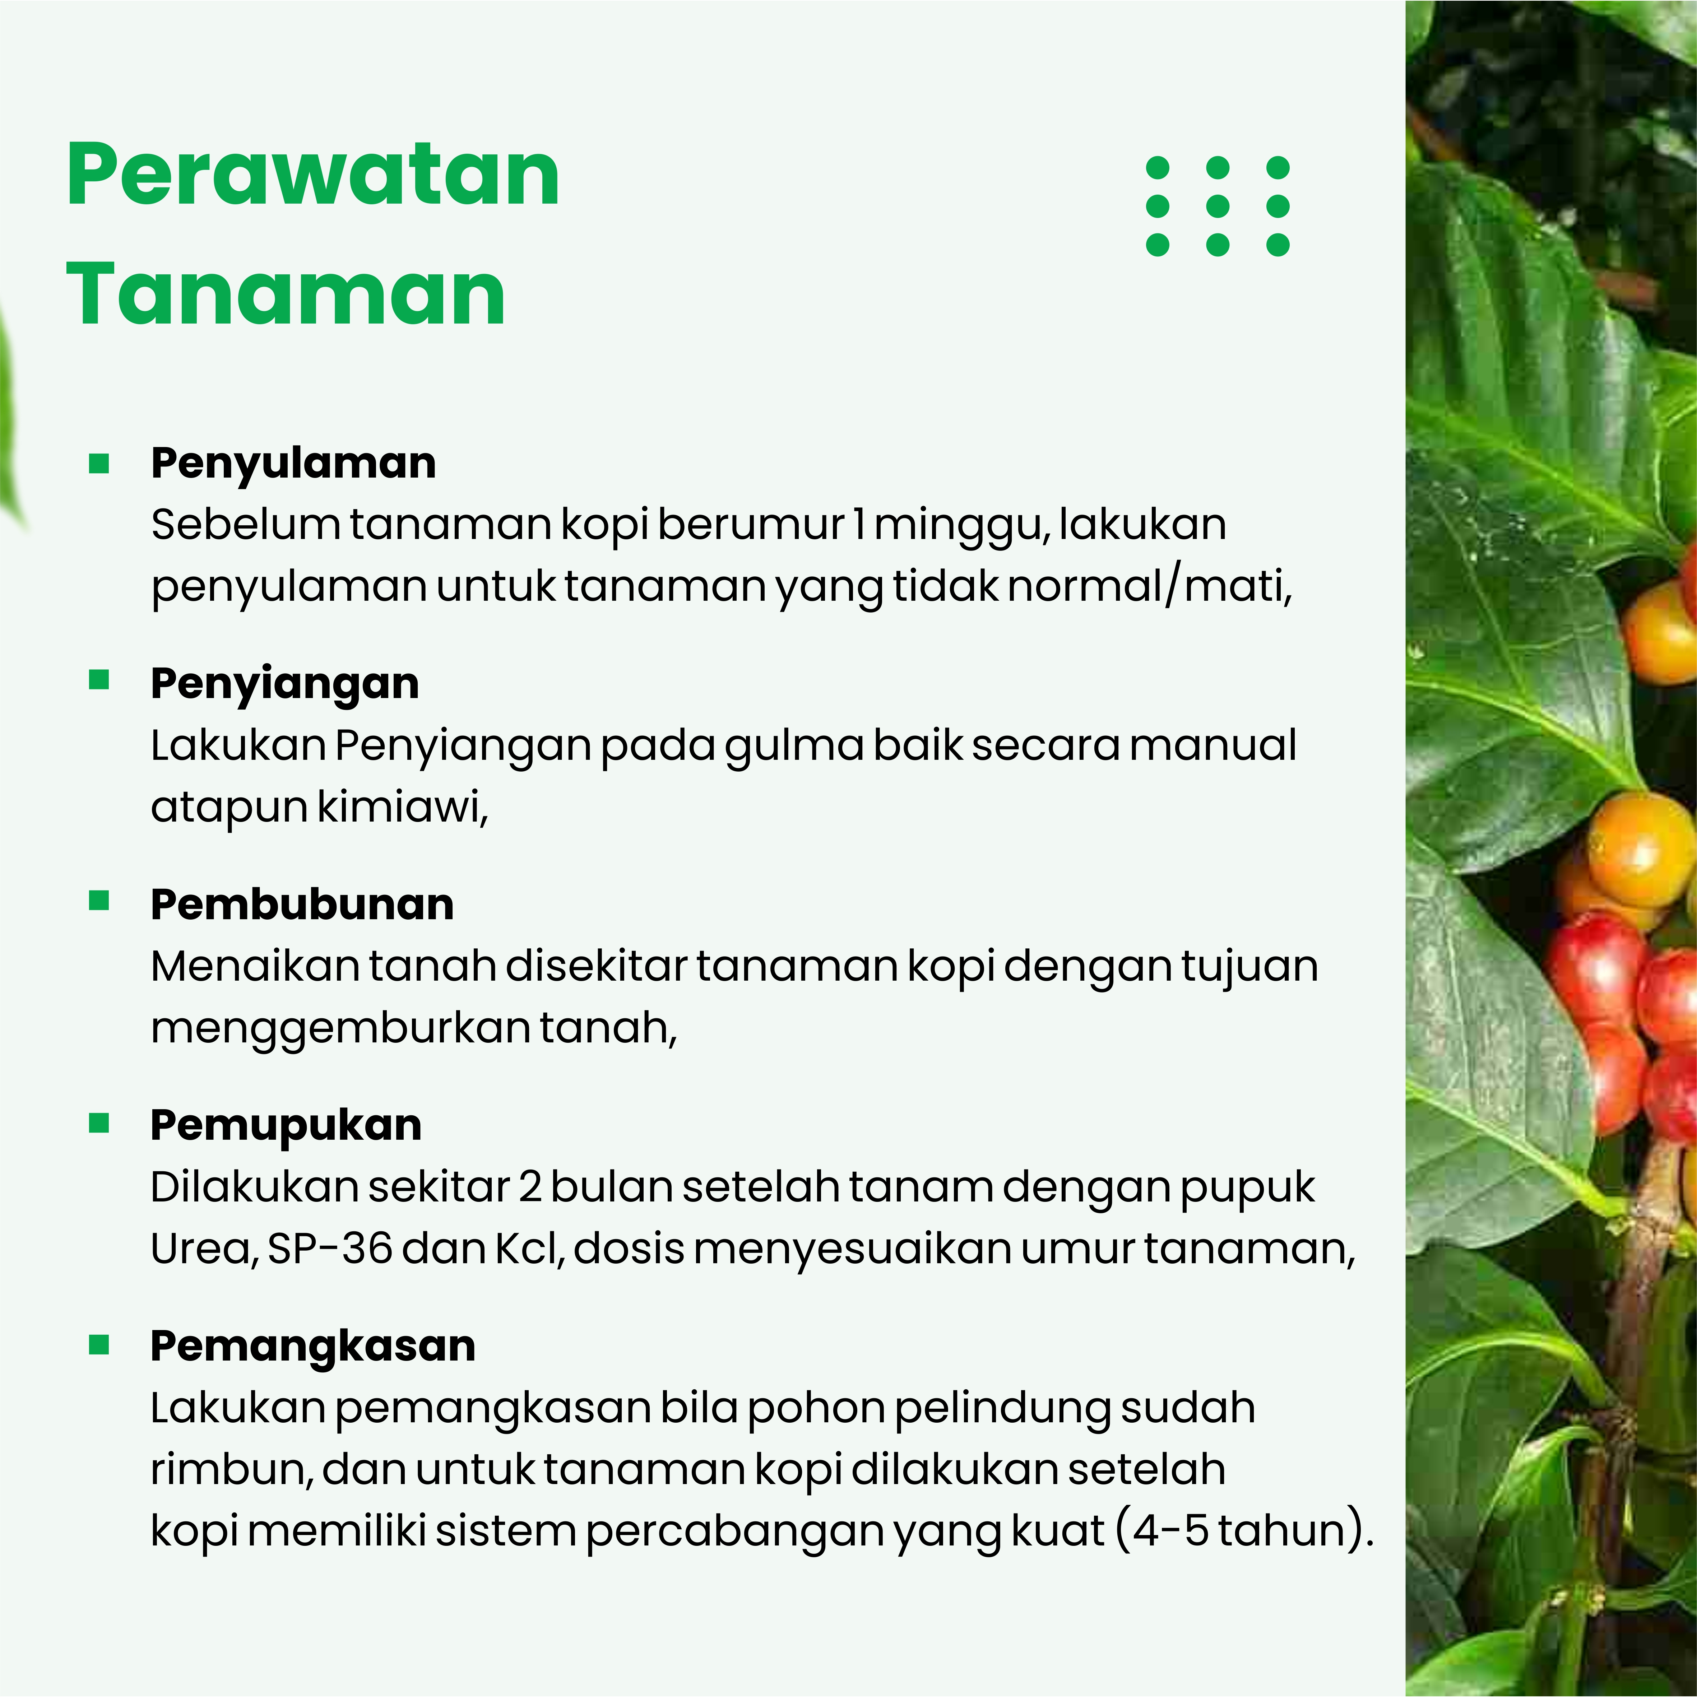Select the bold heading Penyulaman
point(293,464)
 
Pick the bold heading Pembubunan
point(302,905)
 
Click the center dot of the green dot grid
point(1218,205)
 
